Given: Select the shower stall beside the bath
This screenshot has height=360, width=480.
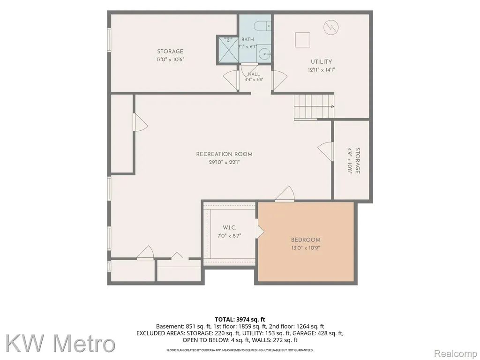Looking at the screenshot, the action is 228,50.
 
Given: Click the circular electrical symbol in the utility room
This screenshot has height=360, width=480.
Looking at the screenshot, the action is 331,28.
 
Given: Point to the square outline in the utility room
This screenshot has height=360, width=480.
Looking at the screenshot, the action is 302,40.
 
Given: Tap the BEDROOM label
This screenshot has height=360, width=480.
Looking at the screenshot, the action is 306,240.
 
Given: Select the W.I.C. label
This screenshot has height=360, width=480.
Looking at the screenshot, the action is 229,228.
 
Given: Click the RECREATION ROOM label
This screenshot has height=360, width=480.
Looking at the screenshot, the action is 225,154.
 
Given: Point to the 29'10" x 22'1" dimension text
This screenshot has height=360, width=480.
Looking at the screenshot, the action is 225,163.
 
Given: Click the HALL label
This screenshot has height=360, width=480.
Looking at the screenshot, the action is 254,74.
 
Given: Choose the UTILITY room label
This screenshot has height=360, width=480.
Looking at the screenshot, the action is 322,62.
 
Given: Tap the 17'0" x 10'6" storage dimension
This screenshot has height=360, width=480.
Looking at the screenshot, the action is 170,60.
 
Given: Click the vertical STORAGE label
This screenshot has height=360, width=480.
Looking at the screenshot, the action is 357,161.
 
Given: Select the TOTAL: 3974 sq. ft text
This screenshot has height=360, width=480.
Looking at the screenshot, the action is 240,320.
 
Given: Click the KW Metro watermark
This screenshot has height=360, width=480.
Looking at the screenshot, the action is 60,344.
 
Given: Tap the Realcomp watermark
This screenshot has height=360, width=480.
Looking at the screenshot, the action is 456,354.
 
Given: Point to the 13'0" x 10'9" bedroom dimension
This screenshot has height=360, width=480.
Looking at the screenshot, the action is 306,248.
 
